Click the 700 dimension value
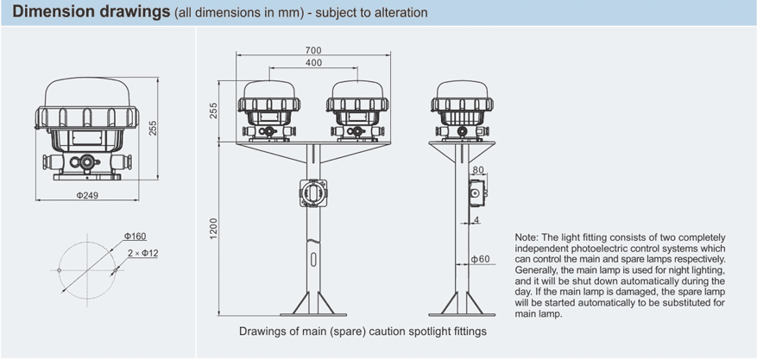[x=313, y=51]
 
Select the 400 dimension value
[x=313, y=64]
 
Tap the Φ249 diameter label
[x=87, y=195]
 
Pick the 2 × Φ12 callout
[x=142, y=253]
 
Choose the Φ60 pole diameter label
[x=481, y=259]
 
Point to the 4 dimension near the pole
[x=476, y=222]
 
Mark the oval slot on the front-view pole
[x=313, y=257]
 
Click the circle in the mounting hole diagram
[x=87, y=270]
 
